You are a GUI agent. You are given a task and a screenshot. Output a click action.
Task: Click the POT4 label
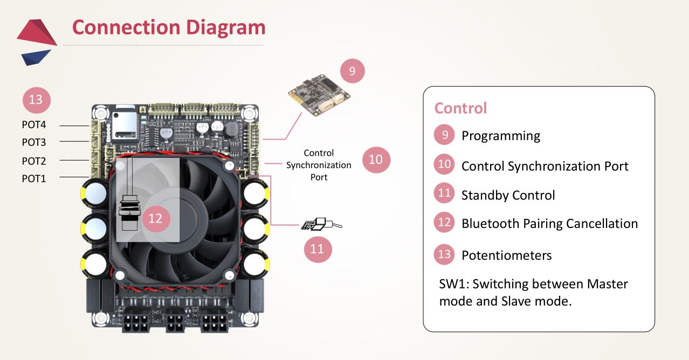click(x=34, y=125)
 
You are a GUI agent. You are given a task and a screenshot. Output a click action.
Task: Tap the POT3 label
click(x=34, y=143)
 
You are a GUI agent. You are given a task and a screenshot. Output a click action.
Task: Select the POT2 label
click(x=34, y=161)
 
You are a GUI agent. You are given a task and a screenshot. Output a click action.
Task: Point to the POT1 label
click(x=34, y=178)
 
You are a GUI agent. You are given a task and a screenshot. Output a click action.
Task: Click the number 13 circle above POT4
click(x=36, y=100)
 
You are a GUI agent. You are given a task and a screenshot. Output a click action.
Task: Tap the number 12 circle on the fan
click(x=155, y=218)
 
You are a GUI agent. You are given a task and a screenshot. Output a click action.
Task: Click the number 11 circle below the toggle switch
click(x=317, y=249)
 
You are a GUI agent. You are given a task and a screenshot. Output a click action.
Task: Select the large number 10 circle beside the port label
click(x=376, y=160)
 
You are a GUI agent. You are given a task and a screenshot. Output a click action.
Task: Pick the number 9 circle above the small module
click(x=352, y=71)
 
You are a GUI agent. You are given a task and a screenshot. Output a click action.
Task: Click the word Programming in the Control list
click(x=500, y=136)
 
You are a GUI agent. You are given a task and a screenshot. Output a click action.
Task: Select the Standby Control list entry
click(x=508, y=195)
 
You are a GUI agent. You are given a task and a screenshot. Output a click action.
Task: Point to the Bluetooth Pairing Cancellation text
click(x=549, y=224)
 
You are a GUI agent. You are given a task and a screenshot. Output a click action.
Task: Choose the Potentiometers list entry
click(x=506, y=255)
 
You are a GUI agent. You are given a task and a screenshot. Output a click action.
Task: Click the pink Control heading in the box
click(x=460, y=108)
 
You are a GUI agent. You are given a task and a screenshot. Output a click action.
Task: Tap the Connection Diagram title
click(x=168, y=27)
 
